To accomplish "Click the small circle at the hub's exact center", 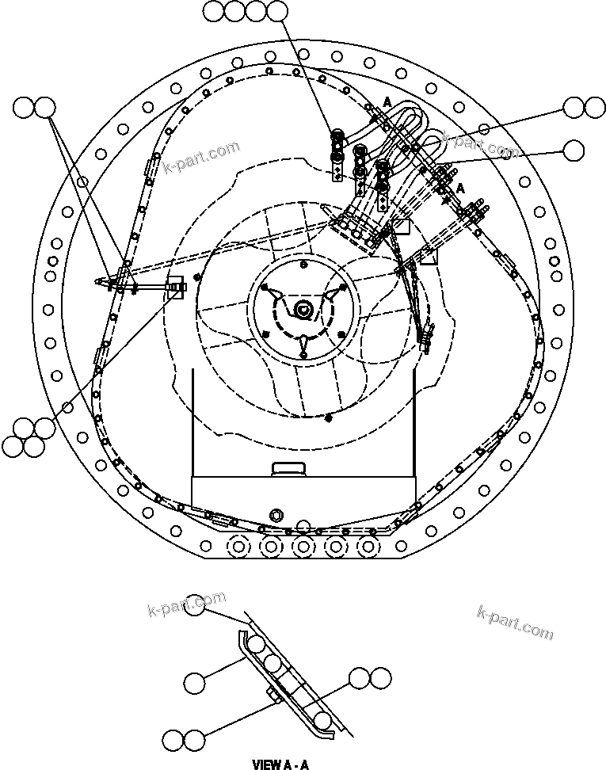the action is [303, 309].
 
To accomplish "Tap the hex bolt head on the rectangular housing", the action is [276, 515].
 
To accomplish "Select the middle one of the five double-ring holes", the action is [302, 546].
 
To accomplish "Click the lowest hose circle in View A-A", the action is [322, 720].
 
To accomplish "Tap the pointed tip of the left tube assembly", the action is [95, 280].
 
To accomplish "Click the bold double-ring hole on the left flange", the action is [54, 261].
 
